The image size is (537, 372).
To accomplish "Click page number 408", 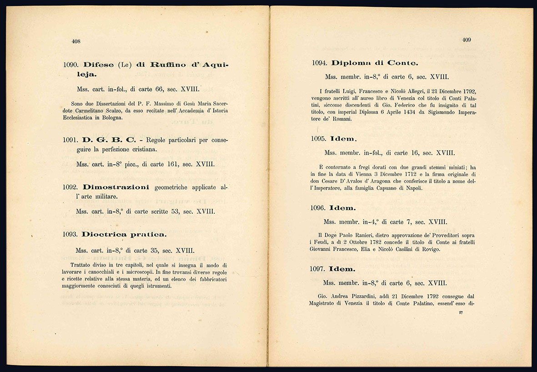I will tap(76, 41).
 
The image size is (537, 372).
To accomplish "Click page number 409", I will tap(467, 40).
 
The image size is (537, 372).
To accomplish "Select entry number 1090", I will tap(71, 65).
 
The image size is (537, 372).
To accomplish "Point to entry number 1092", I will tap(71, 187).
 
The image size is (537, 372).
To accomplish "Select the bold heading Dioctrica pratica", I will tap(124, 235).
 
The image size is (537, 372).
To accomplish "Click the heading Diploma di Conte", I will tap(375, 63).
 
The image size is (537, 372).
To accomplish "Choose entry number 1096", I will tap(319, 208).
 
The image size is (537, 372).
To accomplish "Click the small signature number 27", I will tap(461, 312).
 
